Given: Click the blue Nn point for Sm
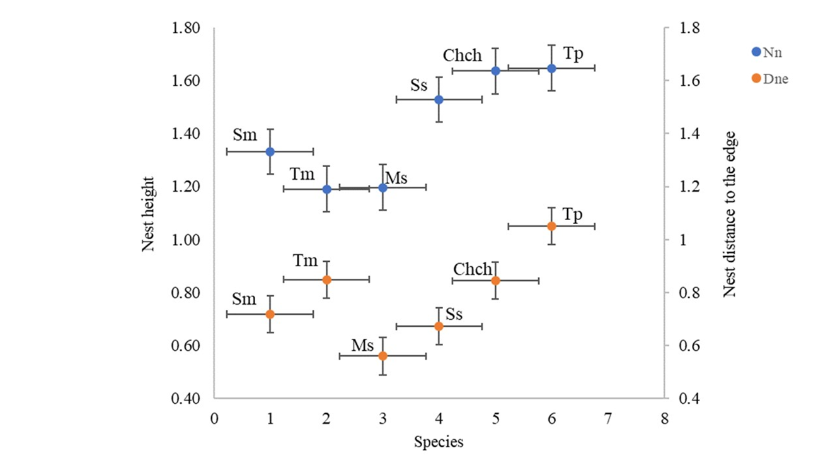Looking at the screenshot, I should (x=270, y=151).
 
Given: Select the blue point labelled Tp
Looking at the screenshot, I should (x=551, y=68).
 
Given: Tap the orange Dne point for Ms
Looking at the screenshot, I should (x=383, y=356).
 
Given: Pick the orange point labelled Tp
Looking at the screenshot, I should (x=551, y=226).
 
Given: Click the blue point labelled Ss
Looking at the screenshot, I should (x=439, y=100).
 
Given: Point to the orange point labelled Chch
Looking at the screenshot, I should (x=495, y=280).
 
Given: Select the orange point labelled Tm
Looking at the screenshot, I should (x=326, y=279).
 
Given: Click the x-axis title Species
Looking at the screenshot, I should (x=439, y=442).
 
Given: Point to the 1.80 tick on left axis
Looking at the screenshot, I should (x=187, y=28).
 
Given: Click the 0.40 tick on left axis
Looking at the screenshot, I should (x=187, y=399).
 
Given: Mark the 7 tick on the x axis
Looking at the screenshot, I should (x=608, y=420).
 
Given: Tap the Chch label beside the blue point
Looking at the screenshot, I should (x=463, y=56).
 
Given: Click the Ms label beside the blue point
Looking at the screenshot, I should (x=396, y=178).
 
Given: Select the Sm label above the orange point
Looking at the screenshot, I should (x=245, y=298).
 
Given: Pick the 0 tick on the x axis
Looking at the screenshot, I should (x=214, y=420).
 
